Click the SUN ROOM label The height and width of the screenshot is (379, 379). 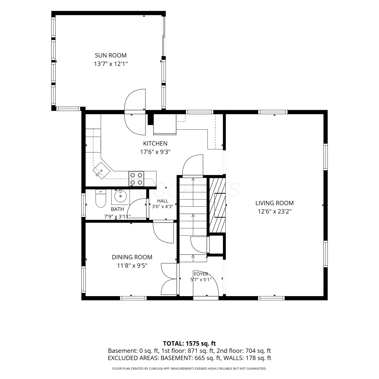tap(111, 55)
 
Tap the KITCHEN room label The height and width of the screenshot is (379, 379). tap(155, 144)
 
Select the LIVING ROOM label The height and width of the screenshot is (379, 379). tap(274, 203)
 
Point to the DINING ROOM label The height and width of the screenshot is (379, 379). tap(132, 257)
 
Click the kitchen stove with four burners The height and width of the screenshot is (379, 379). tap(136, 179)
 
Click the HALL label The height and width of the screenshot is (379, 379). tap(162, 201)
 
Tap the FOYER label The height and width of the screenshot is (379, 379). tap(201, 274)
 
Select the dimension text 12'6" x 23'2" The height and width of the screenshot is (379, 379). tap(274, 211)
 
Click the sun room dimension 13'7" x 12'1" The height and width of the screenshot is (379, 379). tap(111, 64)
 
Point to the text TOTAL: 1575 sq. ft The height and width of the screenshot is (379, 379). tap(189, 343)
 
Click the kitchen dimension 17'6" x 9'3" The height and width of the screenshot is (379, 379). tap(155, 152)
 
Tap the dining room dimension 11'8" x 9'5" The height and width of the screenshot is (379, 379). tap(132, 266)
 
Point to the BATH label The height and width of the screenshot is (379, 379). tap(117, 209)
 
